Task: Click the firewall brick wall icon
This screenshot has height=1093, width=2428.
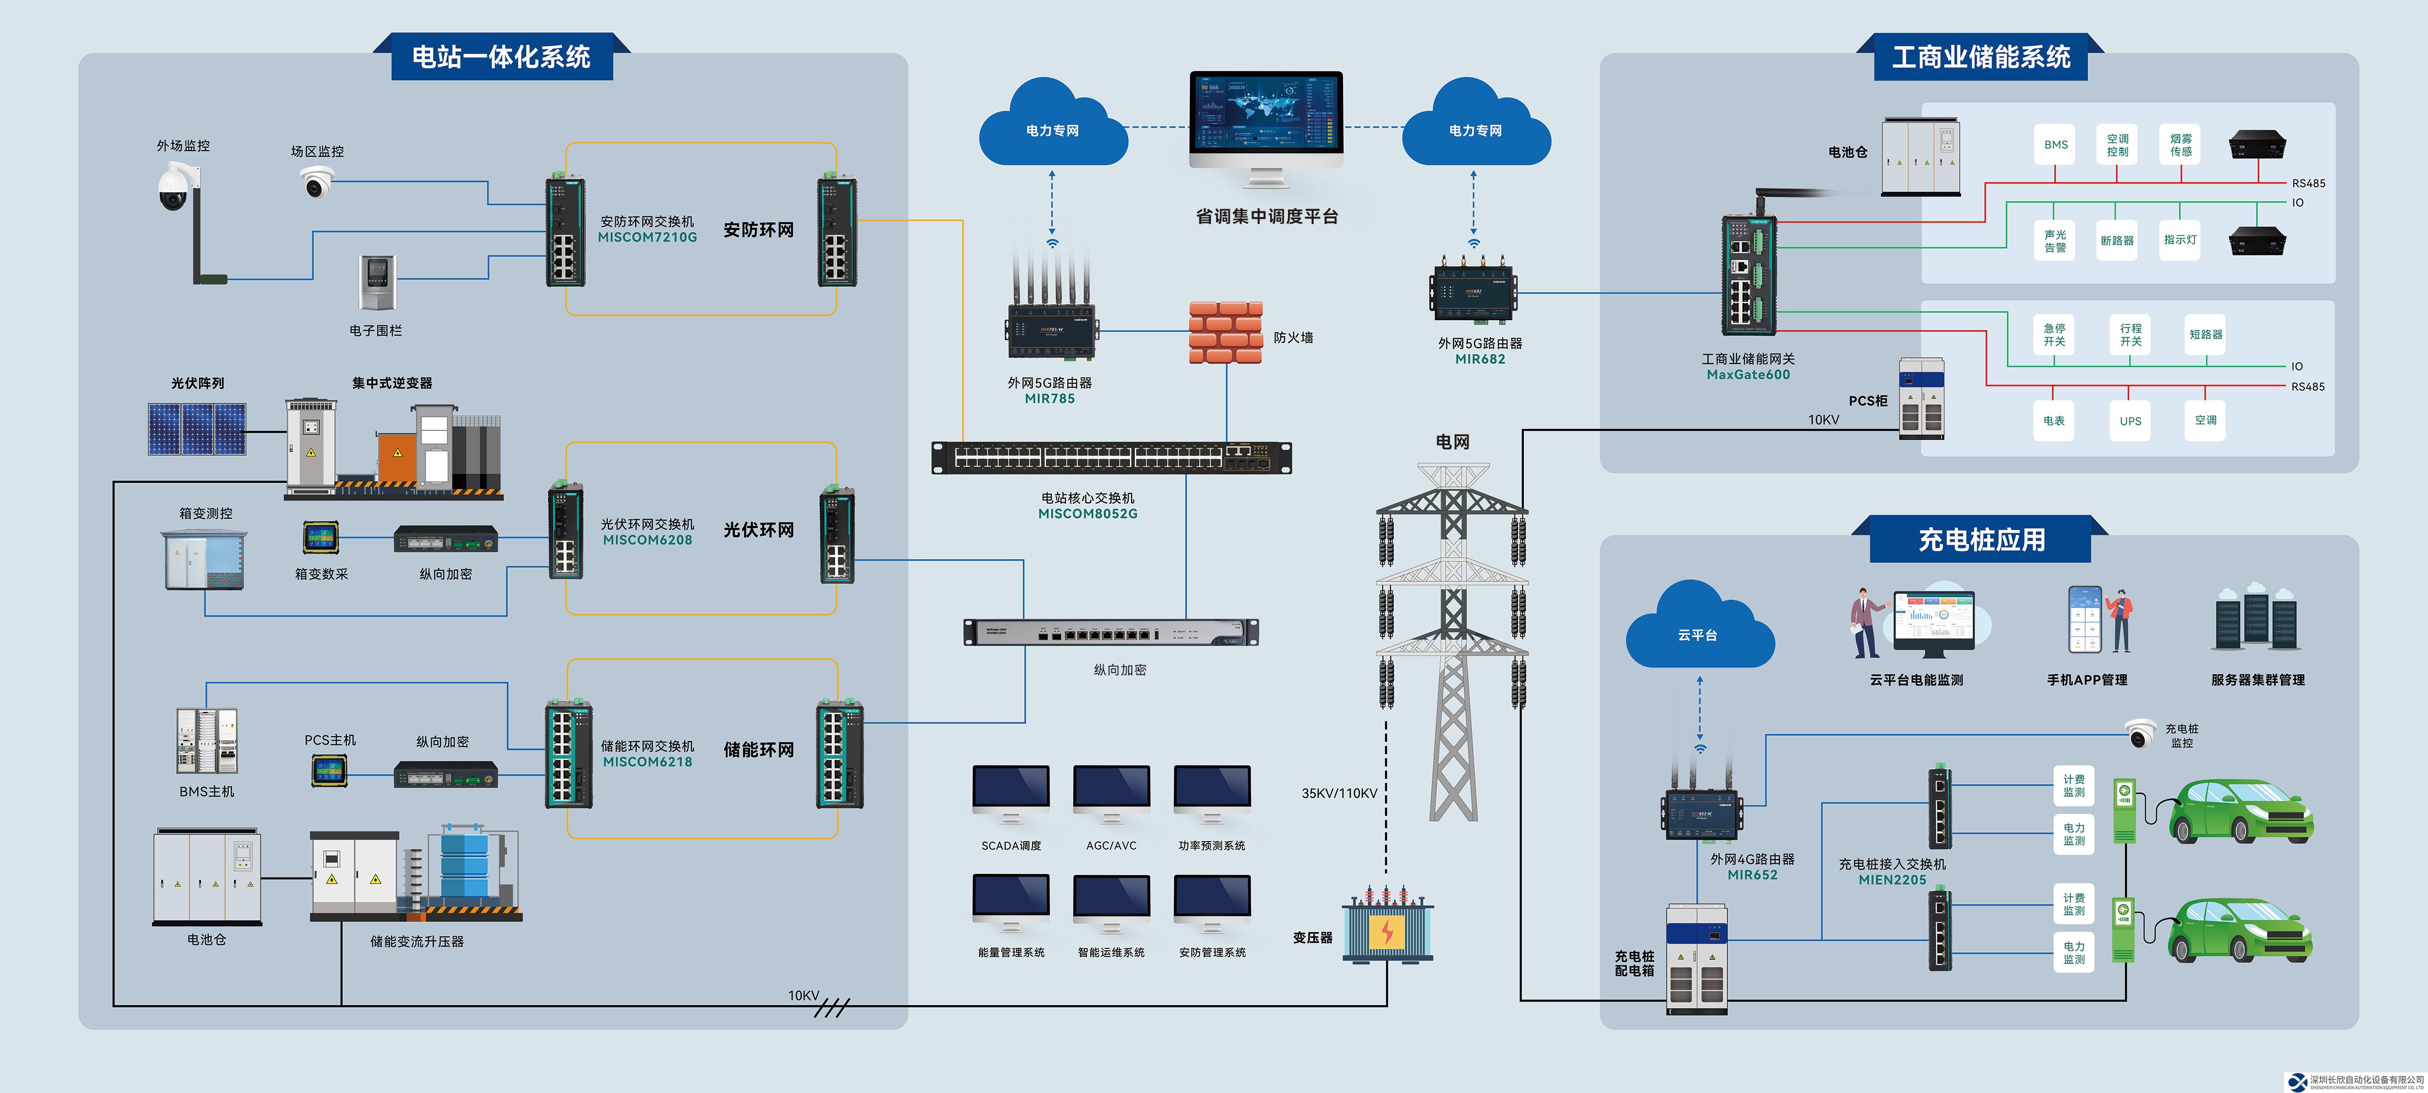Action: pos(1225,332)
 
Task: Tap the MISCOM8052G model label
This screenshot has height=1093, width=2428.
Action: pos(1088,514)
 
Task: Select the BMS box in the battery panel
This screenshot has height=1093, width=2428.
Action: pos(2056,145)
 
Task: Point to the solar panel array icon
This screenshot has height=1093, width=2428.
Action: pos(197,429)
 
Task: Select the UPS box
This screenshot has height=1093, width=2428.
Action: pos(2130,421)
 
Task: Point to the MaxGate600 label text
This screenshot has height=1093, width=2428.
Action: pos(1749,374)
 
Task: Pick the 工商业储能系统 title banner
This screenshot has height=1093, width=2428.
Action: pos(1980,58)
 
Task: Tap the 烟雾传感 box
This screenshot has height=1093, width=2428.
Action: pos(2181,145)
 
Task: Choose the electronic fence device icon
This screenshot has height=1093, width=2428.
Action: pos(377,282)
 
